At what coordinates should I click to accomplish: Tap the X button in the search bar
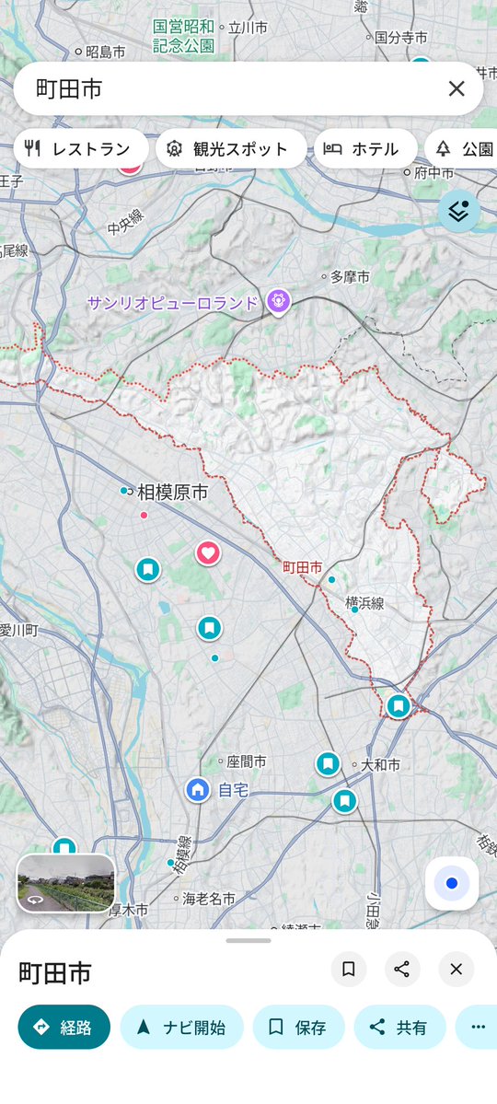pyautogui.click(x=457, y=88)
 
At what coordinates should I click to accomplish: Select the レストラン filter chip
pyautogui.click(x=81, y=149)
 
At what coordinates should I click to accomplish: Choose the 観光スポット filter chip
pyautogui.click(x=231, y=149)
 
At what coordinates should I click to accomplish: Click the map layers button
pyautogui.click(x=459, y=211)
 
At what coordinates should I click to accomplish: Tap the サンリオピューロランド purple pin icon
pyautogui.click(x=278, y=300)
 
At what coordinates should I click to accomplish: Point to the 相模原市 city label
pyautogui.click(x=172, y=493)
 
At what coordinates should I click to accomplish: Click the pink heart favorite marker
pyautogui.click(x=208, y=552)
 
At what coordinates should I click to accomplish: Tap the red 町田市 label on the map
pyautogui.click(x=302, y=568)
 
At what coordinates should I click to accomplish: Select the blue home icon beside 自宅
pyautogui.click(x=197, y=789)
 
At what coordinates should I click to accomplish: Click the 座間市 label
pyautogui.click(x=246, y=762)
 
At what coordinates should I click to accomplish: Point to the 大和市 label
pyautogui.click(x=380, y=765)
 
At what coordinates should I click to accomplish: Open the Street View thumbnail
pyautogui.click(x=66, y=883)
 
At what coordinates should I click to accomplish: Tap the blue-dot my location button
pyautogui.click(x=451, y=883)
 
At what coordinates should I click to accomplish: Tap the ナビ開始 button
pyautogui.click(x=182, y=1028)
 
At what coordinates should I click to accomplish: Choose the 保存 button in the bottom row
pyautogui.click(x=298, y=1028)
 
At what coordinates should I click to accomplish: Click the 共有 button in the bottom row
pyautogui.click(x=399, y=1028)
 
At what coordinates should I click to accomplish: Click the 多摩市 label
pyautogui.click(x=350, y=276)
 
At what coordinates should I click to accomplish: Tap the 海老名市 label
pyautogui.click(x=208, y=898)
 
